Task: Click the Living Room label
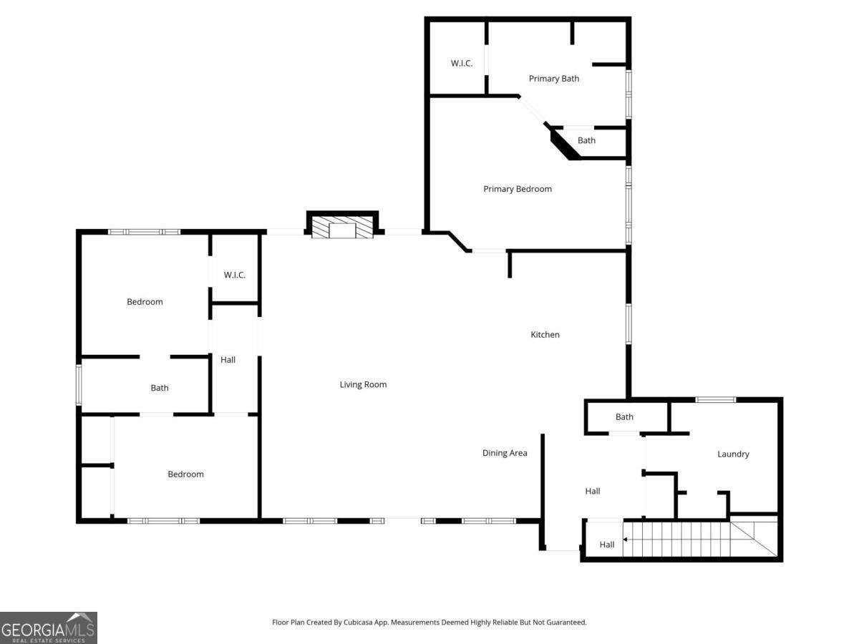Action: tap(363, 385)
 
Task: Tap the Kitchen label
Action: tap(545, 335)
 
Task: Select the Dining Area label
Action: tap(505, 453)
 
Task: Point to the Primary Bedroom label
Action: tap(518, 189)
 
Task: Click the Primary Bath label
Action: tap(554, 79)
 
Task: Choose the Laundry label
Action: tap(733, 454)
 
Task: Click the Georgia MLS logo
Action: tap(49, 628)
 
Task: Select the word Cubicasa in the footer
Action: tap(359, 623)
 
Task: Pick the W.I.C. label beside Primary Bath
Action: tap(462, 64)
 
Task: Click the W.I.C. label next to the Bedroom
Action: tap(234, 275)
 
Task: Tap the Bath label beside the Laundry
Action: tap(624, 417)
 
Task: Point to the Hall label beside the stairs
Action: tap(607, 545)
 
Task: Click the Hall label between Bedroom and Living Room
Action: tap(228, 360)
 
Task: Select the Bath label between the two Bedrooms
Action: tap(160, 388)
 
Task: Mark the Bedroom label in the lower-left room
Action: tap(185, 474)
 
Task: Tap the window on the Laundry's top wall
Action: tap(715, 399)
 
